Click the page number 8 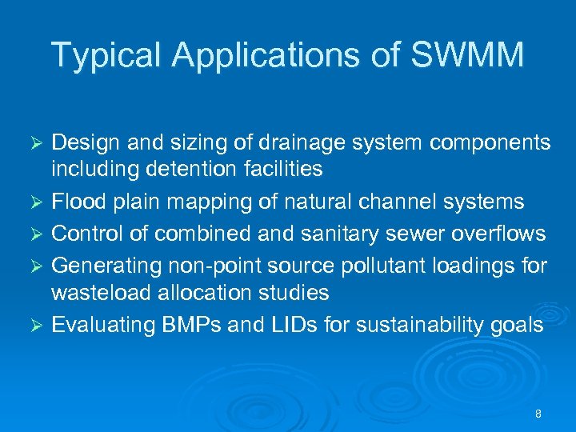click(x=538, y=414)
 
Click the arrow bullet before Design click(x=35, y=142)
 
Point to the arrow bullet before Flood click(x=35, y=202)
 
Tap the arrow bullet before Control click(x=35, y=234)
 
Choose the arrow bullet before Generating click(x=35, y=264)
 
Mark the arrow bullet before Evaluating click(x=35, y=325)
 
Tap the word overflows click(x=498, y=233)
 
